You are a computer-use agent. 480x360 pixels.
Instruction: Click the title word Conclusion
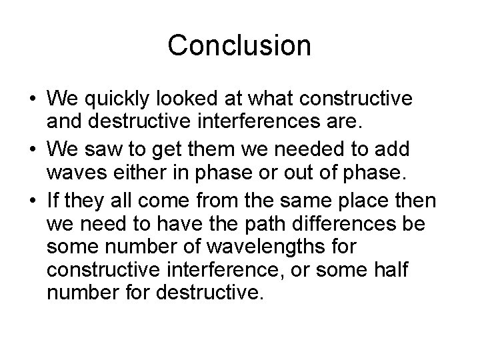pyautogui.click(x=239, y=45)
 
